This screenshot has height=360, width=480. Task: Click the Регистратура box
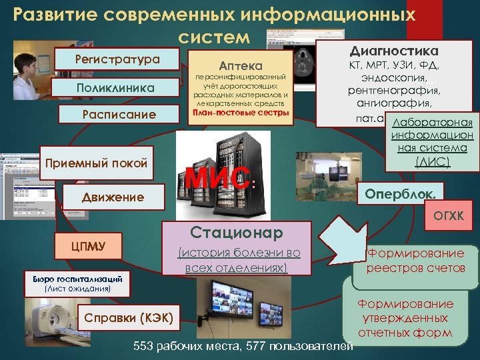(x=117, y=59)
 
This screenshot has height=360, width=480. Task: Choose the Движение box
(x=113, y=196)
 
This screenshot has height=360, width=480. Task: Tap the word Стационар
(x=237, y=232)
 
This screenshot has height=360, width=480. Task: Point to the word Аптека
(x=241, y=66)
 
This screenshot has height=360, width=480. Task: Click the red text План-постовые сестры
(x=241, y=112)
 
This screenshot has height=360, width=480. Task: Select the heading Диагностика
(x=394, y=51)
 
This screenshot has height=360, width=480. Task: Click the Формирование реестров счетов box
(x=416, y=261)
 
